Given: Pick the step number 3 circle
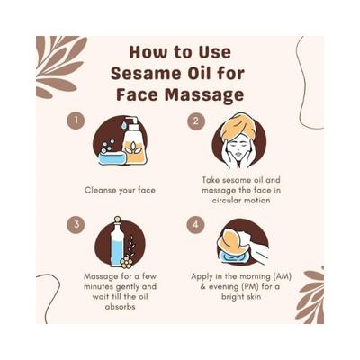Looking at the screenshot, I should pyautogui.click(x=78, y=223).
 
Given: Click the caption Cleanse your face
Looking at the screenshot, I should pyautogui.click(x=120, y=190).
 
